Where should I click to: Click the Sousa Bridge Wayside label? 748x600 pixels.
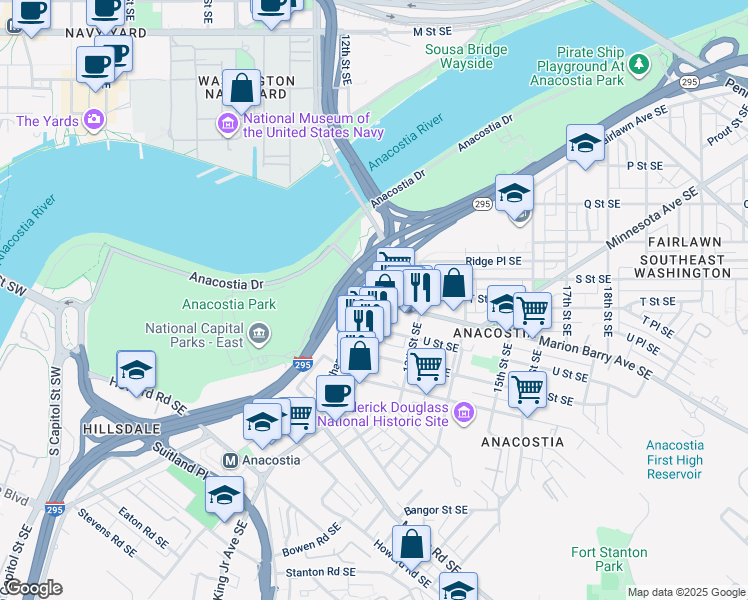point(459,56)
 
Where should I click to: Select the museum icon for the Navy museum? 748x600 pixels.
point(227,124)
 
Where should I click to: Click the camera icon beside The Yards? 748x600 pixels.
point(94,121)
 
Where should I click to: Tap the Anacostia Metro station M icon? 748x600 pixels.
point(229,460)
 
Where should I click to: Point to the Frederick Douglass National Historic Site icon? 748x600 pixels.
point(463,412)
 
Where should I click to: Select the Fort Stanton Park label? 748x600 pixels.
point(609,559)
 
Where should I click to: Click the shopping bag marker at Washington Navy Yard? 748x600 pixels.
point(242,88)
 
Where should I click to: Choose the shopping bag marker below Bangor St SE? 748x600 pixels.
point(411,545)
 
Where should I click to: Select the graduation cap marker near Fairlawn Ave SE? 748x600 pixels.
point(585,143)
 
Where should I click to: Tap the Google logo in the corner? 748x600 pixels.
point(32,589)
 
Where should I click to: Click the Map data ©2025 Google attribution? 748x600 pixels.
point(686,592)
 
